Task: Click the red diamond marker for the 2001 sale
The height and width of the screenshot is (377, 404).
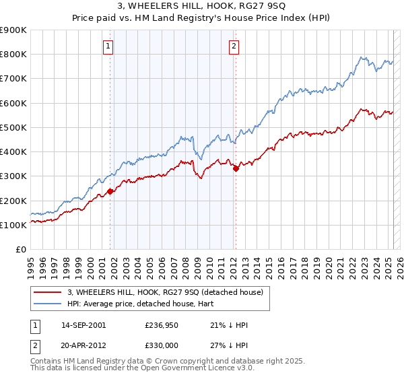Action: coord(110,192)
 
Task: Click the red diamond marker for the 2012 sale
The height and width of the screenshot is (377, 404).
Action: coord(236,169)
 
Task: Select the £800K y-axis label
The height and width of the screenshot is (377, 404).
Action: coord(13,54)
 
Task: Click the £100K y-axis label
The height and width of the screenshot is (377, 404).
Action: coord(13,225)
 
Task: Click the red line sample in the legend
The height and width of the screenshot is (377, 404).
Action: coord(48,292)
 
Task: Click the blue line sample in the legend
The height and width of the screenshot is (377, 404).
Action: coord(48,304)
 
